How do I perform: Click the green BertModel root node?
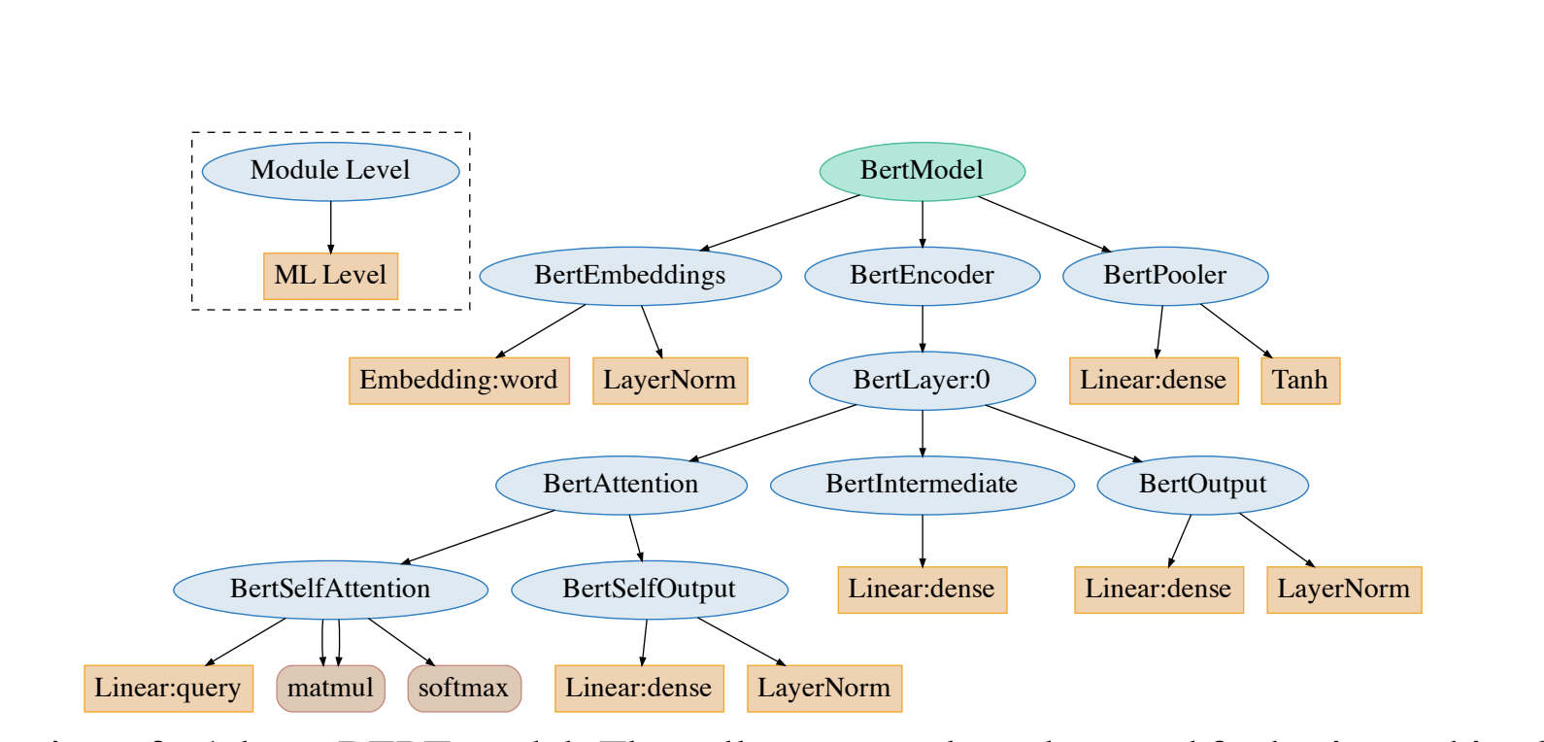click(x=922, y=171)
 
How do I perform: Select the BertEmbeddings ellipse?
click(x=630, y=276)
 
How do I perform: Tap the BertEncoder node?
click(x=922, y=276)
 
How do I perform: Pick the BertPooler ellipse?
click(x=1164, y=276)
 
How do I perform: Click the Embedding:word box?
click(x=458, y=381)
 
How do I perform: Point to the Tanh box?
click(x=1299, y=381)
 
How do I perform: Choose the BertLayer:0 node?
click(x=922, y=381)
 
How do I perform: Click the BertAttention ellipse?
click(x=621, y=485)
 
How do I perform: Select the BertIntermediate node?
click(x=922, y=485)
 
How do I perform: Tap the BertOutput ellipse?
click(x=1202, y=485)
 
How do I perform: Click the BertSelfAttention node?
click(x=330, y=590)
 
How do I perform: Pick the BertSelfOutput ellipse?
click(x=649, y=590)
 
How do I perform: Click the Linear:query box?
click(x=168, y=689)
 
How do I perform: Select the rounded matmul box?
click(x=330, y=689)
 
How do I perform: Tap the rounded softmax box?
click(x=463, y=689)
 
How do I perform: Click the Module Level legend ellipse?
click(x=330, y=171)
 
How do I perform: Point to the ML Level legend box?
click(x=330, y=276)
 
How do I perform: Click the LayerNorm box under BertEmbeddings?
click(x=669, y=381)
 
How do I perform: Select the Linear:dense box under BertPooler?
click(x=1153, y=381)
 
